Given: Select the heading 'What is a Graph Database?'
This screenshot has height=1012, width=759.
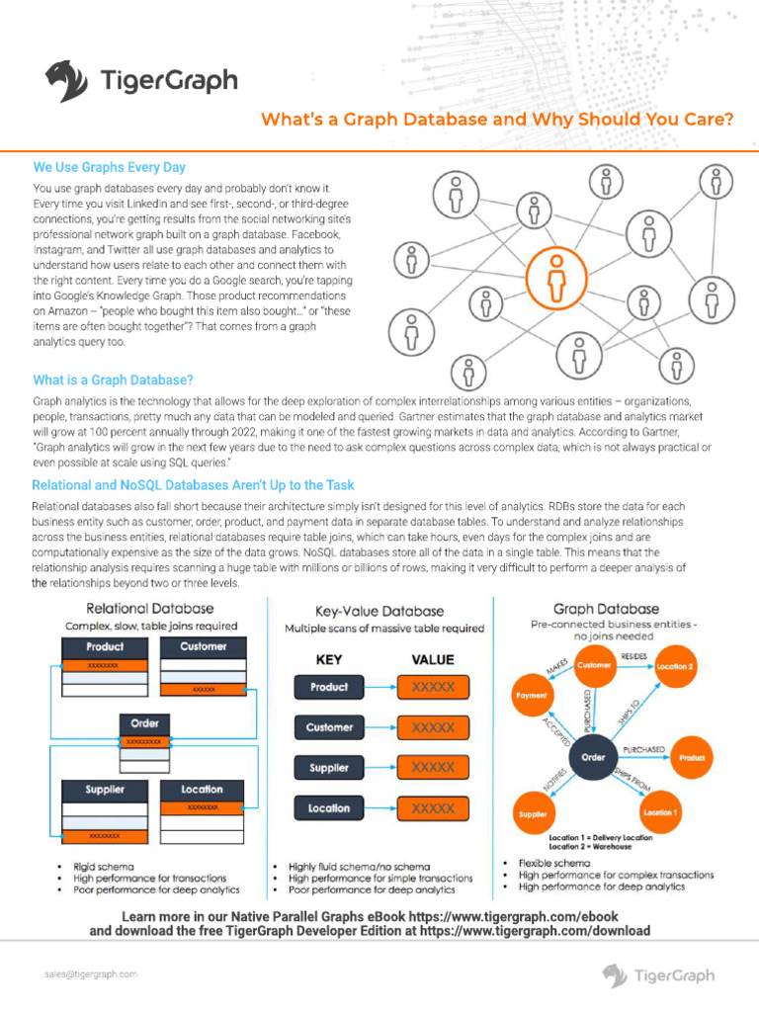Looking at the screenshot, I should click(113, 380).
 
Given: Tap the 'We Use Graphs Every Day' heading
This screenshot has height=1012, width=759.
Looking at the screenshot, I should click(110, 168).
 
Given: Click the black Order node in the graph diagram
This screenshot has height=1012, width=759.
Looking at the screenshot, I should click(593, 758).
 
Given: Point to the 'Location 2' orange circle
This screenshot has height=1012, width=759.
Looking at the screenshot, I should click(677, 667).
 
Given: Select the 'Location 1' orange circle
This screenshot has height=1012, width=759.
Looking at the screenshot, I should click(660, 811).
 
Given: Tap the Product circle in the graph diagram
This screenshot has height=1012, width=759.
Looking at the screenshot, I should click(692, 758).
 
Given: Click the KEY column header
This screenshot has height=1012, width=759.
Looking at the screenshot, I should click(329, 659).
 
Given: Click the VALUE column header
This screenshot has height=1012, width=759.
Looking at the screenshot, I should click(432, 659).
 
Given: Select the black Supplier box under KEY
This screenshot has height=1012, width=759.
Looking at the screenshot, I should click(328, 768).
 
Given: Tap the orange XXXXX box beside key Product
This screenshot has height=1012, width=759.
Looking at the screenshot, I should click(433, 687).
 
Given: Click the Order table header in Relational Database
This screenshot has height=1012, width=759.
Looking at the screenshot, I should click(143, 723).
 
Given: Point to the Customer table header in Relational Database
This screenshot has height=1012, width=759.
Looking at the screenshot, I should click(203, 646).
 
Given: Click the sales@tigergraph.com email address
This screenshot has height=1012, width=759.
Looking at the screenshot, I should click(90, 973).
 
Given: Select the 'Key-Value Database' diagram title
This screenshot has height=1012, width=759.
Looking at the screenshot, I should click(379, 612).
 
